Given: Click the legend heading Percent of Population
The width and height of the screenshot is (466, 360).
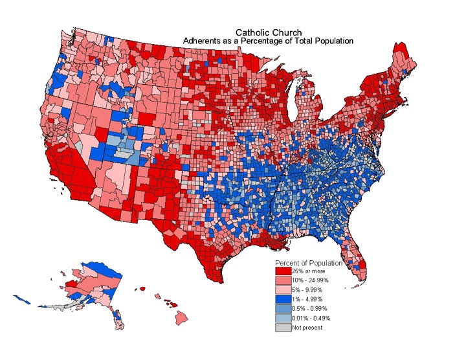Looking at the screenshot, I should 308,263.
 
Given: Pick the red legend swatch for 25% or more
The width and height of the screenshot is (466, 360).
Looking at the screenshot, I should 283,271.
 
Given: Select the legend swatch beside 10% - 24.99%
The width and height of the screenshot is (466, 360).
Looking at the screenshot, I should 283,280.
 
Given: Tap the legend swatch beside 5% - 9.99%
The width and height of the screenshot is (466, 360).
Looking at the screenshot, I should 283,289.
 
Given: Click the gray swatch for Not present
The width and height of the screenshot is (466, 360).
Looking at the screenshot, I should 283,328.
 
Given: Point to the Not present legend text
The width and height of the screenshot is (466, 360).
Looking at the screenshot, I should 307,328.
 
